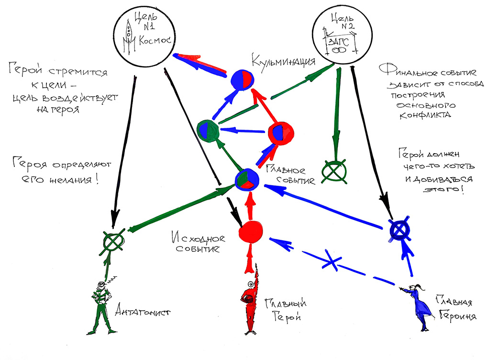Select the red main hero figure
(x=248, y=306)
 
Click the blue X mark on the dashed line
(x=334, y=261)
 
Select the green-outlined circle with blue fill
(x=209, y=129)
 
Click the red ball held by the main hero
(x=248, y=300)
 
